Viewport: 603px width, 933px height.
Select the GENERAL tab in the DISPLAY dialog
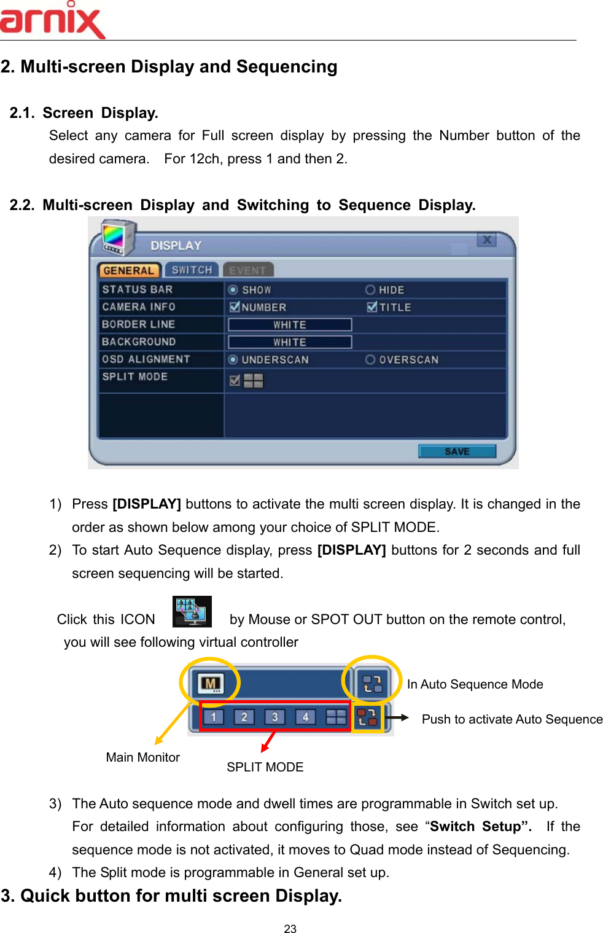[128, 270]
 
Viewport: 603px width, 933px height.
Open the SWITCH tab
[192, 270]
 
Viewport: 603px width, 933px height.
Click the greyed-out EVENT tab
[247, 270]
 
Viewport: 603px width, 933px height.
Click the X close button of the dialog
[486, 240]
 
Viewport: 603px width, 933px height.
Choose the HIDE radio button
[370, 290]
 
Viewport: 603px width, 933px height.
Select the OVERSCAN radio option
[370, 359]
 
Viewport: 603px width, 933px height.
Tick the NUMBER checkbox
[235, 307]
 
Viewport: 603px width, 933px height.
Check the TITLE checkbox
[372, 307]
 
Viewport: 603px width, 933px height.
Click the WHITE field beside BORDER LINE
[290, 324]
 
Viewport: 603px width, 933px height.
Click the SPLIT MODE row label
[135, 377]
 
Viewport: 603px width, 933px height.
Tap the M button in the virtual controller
[211, 683]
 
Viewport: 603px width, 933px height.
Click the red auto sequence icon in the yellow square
[367, 717]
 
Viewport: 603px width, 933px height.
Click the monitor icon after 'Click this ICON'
[192, 611]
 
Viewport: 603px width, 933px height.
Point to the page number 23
[290, 929]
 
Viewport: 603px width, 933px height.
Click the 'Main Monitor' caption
[143, 757]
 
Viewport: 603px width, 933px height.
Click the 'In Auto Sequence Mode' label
[475, 684]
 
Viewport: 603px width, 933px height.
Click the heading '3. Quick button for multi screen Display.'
[172, 896]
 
